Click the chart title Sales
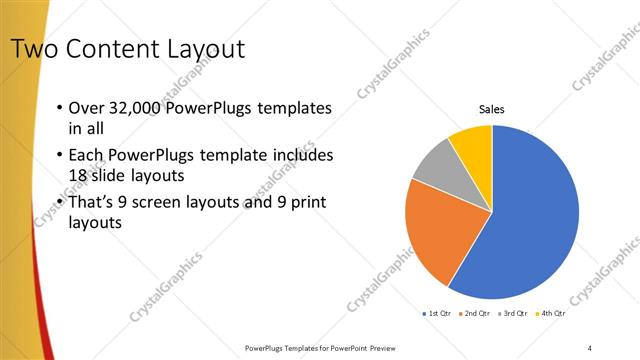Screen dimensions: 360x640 (492, 109)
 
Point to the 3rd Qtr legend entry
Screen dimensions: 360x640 (513, 313)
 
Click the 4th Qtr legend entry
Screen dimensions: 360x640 (552, 313)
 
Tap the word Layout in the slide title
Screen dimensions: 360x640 (201, 48)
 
